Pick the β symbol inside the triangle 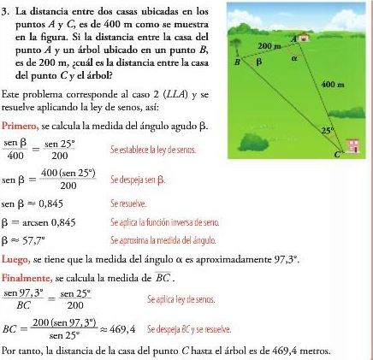[258, 62]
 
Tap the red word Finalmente [27, 278]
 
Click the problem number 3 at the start [5, 11]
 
